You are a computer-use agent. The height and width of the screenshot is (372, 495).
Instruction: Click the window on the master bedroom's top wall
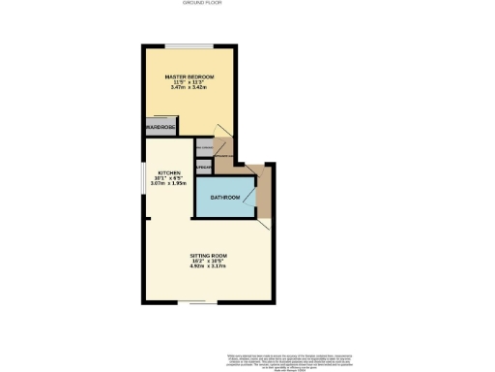(188, 45)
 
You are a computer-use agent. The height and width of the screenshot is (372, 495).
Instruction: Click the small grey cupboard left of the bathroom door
(203, 168)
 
